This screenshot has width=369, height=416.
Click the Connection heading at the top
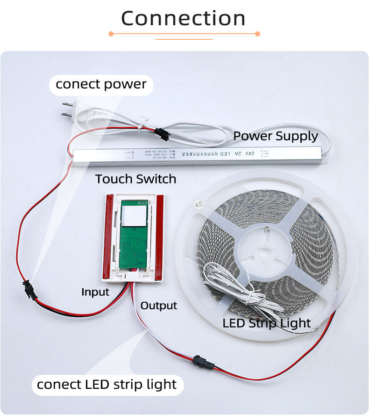(184, 19)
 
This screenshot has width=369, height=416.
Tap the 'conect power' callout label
(101, 85)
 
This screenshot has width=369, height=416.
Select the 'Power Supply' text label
(276, 136)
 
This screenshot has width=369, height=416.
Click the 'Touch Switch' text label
(136, 179)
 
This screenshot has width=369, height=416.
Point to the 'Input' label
(95, 292)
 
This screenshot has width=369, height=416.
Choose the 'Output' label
(159, 306)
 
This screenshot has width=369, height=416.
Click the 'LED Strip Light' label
(267, 323)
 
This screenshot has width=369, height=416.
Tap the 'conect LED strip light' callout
(107, 385)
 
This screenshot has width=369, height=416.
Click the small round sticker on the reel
(195, 204)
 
